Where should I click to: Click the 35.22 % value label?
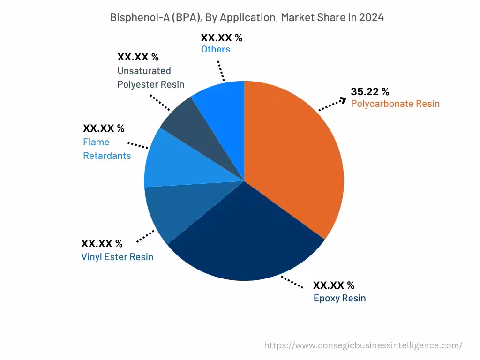click(x=370, y=92)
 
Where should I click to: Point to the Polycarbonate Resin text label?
click(x=395, y=104)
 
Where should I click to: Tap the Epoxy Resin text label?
click(x=339, y=298)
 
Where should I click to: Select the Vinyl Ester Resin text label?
click(x=117, y=257)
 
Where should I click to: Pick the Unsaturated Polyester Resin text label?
click(x=150, y=78)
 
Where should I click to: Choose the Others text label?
click(x=216, y=49)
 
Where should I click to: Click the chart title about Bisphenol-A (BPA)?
click(x=247, y=18)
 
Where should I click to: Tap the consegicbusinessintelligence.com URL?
click(x=363, y=345)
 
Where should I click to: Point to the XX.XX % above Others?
click(x=221, y=38)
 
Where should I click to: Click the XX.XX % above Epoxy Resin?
click(x=333, y=285)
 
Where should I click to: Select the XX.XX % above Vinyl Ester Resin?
click(x=102, y=244)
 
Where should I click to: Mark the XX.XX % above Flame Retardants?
click(x=104, y=128)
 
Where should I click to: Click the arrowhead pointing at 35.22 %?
click(x=344, y=99)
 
